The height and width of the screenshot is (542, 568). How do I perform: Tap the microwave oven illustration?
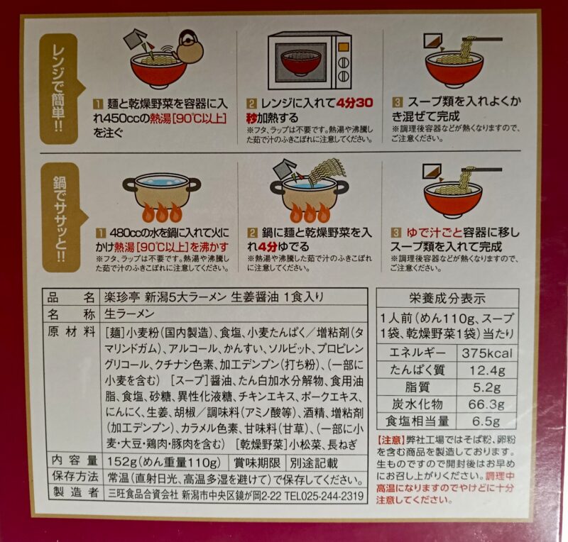pyautogui.click(x=310, y=61)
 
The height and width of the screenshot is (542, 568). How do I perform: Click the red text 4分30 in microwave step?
pyautogui.click(x=354, y=103)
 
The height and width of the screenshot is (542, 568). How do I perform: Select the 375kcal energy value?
pyautogui.click(x=487, y=353)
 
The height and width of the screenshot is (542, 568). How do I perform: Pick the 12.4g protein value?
pyautogui.click(x=487, y=370)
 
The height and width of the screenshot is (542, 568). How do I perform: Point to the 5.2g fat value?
pyautogui.click(x=487, y=387)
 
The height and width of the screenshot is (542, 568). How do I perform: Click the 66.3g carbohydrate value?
pyautogui.click(x=487, y=404)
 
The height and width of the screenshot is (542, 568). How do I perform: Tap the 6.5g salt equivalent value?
pyautogui.click(x=487, y=421)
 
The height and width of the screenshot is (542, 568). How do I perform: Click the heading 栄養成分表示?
pyautogui.click(x=447, y=298)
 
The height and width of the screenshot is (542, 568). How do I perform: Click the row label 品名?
pyautogui.click(x=70, y=298)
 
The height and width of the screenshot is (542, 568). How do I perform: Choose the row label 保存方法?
pyautogui.click(x=75, y=477)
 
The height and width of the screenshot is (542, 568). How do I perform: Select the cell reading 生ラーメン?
pyautogui.click(x=129, y=314)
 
